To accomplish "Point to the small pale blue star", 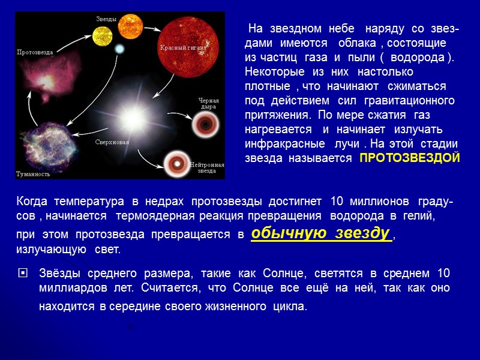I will [x=118, y=48].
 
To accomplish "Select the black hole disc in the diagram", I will [x=204, y=124].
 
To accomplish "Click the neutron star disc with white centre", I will [x=176, y=163].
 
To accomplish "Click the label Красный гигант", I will [x=183, y=47].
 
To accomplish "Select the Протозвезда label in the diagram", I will [x=35, y=52].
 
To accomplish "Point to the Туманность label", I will [x=33, y=174].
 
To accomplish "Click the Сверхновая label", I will [x=112, y=142].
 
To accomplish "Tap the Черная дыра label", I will [x=209, y=104].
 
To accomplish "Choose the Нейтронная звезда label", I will [x=207, y=167].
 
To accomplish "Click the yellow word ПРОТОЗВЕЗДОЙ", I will [x=409, y=158].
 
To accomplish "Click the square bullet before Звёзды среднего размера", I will [x=23, y=273].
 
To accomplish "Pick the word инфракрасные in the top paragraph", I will [x=279, y=145].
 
